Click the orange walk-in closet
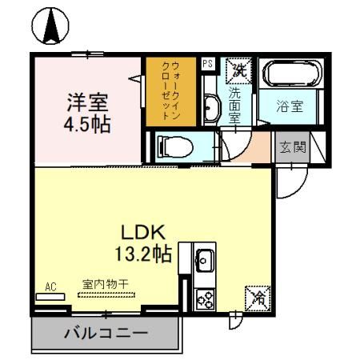pos(166,90)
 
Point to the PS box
pos(207,64)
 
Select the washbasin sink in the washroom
pos(210,106)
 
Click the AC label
pos(50,286)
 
